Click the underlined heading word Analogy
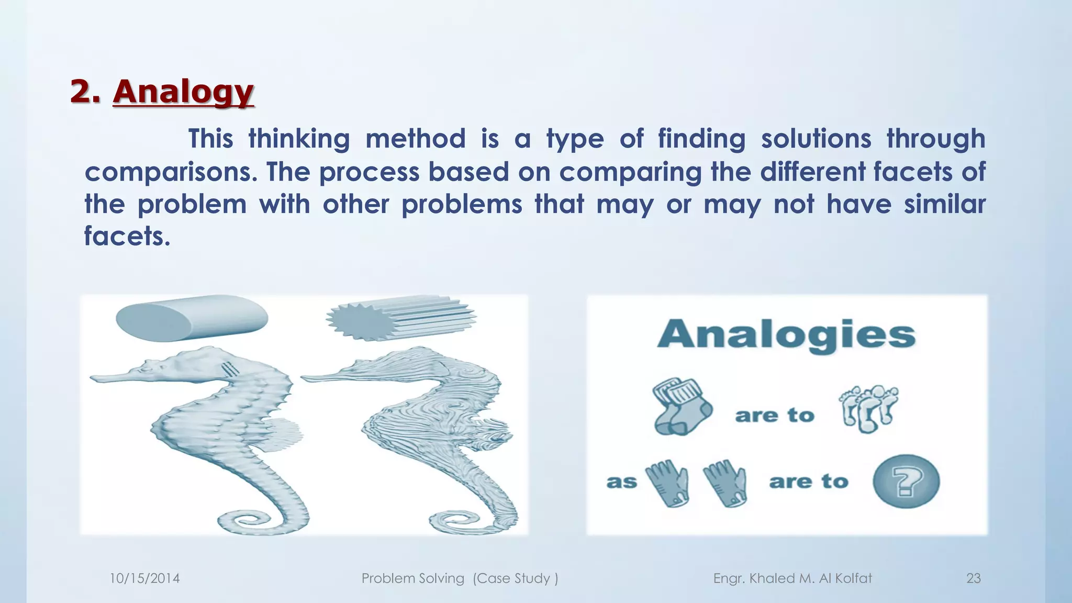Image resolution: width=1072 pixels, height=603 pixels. (x=183, y=93)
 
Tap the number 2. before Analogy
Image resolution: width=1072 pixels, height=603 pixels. (x=85, y=92)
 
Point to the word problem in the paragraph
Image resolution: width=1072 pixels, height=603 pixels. (x=192, y=204)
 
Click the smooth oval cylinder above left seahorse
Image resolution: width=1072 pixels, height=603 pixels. (x=192, y=317)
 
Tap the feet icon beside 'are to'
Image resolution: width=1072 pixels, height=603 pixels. (x=869, y=408)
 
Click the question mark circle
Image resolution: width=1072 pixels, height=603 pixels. (x=906, y=481)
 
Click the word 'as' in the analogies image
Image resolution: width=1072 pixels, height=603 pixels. (x=621, y=482)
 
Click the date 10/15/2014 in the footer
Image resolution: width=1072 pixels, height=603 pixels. (x=144, y=578)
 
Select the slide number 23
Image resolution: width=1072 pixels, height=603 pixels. (x=973, y=578)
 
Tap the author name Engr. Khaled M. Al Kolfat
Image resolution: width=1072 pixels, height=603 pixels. (x=792, y=578)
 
